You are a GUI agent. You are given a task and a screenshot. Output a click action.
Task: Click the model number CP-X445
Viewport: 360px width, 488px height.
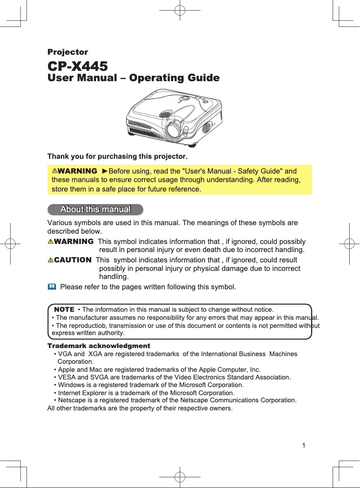(78, 66)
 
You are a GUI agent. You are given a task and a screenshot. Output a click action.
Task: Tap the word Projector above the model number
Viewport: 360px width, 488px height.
(68, 52)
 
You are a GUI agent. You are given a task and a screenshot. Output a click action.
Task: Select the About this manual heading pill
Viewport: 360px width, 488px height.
(95, 209)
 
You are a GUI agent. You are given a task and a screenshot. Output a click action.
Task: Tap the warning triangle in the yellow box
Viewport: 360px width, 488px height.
(54, 171)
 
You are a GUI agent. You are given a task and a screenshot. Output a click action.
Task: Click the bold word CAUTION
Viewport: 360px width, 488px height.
(72, 260)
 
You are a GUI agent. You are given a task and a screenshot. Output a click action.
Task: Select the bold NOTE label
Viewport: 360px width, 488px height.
(64, 309)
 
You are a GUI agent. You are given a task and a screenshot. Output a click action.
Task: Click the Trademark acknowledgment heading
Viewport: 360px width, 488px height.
(99, 346)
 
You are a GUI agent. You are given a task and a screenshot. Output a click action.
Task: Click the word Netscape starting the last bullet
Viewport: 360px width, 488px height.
(71, 400)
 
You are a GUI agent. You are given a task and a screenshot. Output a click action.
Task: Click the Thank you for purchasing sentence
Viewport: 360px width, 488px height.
(117, 157)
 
